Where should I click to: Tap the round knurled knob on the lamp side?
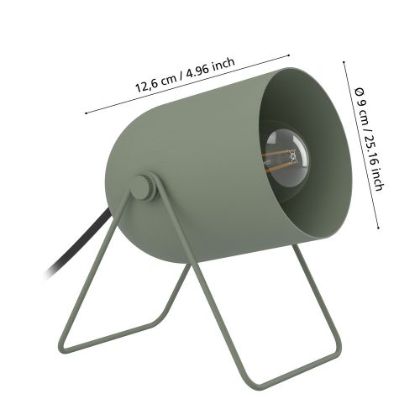coord(144,187)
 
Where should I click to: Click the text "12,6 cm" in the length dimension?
coord(156,82)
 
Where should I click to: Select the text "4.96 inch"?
coord(211,68)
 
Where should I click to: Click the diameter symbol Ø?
coord(359,92)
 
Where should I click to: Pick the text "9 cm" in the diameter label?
coord(363,114)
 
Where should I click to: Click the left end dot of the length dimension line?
coord(87,113)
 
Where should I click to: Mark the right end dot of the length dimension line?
coord(288,55)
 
